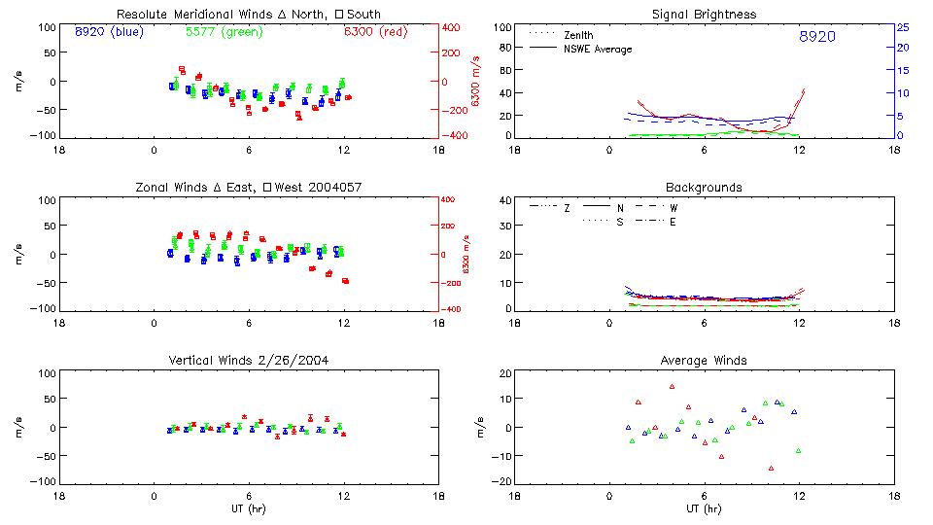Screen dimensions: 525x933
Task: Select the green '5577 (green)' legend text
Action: (x=224, y=32)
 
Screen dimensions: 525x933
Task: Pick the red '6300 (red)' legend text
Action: (x=375, y=32)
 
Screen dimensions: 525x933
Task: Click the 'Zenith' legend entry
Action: (x=579, y=35)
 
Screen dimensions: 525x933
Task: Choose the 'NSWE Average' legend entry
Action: (x=598, y=49)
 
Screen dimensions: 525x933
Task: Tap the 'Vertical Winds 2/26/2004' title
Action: (x=248, y=361)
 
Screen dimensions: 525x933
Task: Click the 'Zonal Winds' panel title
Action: (x=248, y=187)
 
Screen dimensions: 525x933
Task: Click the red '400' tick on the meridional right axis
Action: (x=452, y=27)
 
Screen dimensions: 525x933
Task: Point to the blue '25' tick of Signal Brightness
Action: (x=902, y=27)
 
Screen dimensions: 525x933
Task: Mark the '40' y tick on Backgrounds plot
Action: (x=505, y=201)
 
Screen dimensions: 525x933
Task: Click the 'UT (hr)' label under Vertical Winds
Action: (x=248, y=508)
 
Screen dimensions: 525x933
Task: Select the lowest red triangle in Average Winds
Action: (x=771, y=468)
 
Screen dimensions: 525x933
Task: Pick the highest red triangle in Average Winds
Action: (x=672, y=386)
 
